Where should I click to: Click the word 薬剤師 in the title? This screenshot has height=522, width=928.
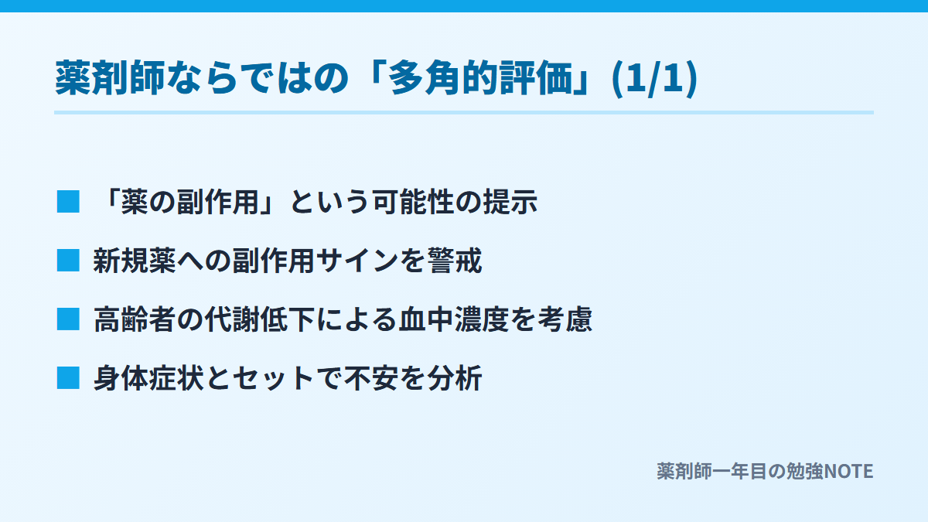pos(110,78)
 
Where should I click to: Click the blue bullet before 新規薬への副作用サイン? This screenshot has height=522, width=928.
pos(68,261)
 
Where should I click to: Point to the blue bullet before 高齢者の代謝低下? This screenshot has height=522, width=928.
pos(68,319)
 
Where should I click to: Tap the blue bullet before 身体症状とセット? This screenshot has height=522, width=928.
pos(68,378)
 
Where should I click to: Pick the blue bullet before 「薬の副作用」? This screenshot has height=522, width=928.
pos(68,202)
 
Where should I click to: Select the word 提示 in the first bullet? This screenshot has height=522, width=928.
pos(510,202)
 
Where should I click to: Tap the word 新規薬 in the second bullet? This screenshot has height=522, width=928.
pos(135,261)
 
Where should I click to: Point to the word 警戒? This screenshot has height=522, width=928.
pos(455,261)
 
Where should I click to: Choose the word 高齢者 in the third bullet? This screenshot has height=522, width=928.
pos(135,320)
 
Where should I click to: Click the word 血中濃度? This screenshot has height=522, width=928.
pos(454,320)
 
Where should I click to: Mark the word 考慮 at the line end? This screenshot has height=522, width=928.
pos(565,320)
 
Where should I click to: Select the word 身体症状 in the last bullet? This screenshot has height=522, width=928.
pos(148,379)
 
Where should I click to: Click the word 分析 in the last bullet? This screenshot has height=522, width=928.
pos(455,379)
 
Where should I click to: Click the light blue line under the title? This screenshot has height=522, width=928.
pos(464,112)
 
